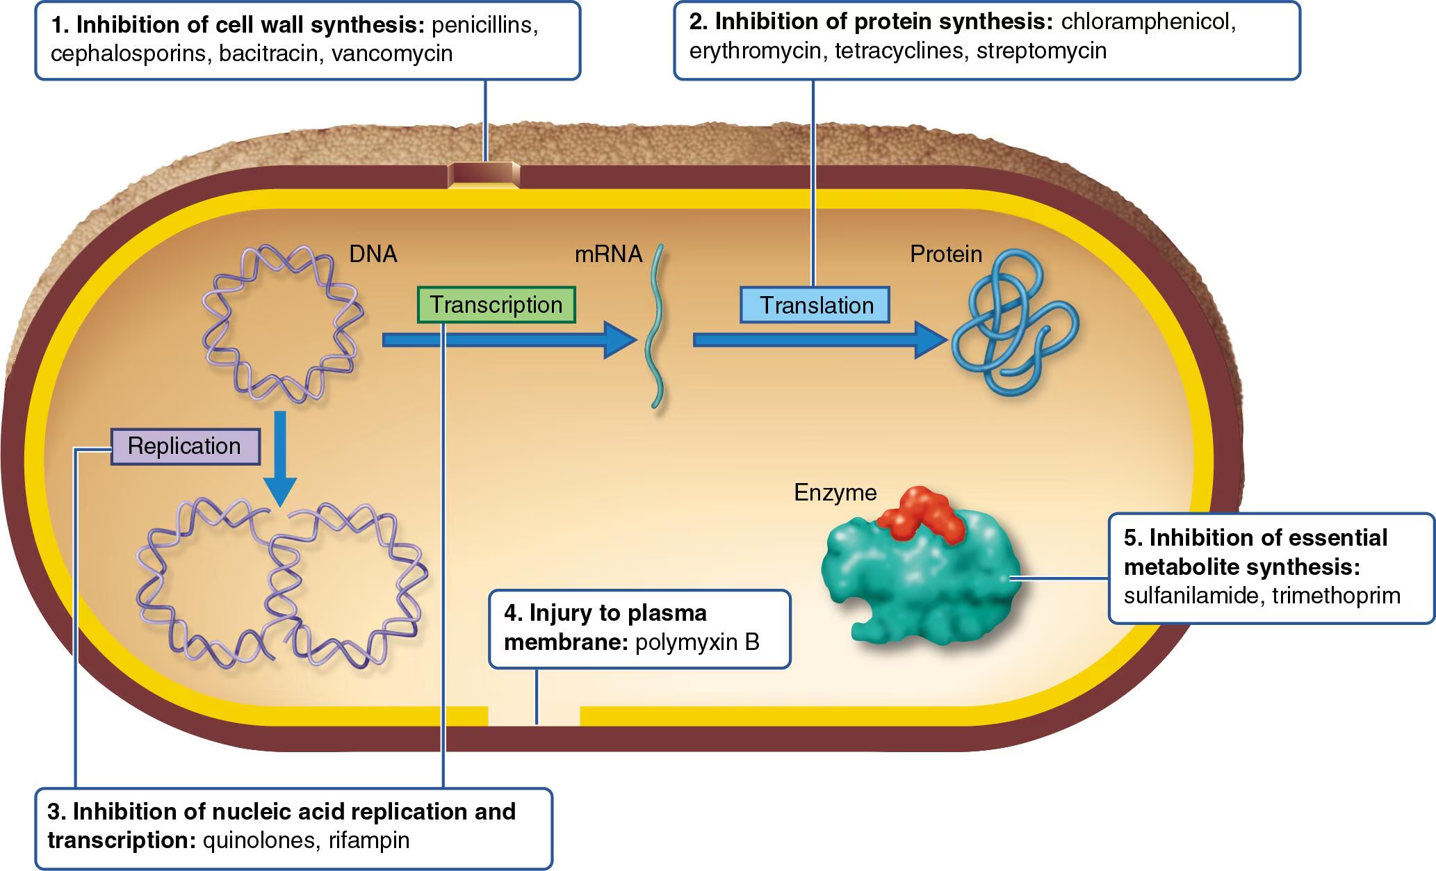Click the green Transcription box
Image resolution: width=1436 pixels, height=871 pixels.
[496, 304]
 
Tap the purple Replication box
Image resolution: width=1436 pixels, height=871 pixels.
[185, 446]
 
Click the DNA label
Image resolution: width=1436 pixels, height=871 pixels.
[373, 254]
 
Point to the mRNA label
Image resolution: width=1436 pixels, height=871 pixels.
[607, 254]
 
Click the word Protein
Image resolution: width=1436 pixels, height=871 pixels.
[945, 254]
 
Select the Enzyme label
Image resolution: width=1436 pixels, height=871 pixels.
[835, 493]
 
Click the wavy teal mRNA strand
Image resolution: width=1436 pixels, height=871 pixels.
[655, 327]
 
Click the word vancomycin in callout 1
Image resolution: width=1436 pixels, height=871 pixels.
[392, 54]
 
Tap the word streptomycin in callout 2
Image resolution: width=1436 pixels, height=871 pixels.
[1041, 51]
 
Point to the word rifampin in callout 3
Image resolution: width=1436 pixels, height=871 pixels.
[369, 840]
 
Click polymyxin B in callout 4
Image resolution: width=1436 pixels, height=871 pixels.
[697, 642]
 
